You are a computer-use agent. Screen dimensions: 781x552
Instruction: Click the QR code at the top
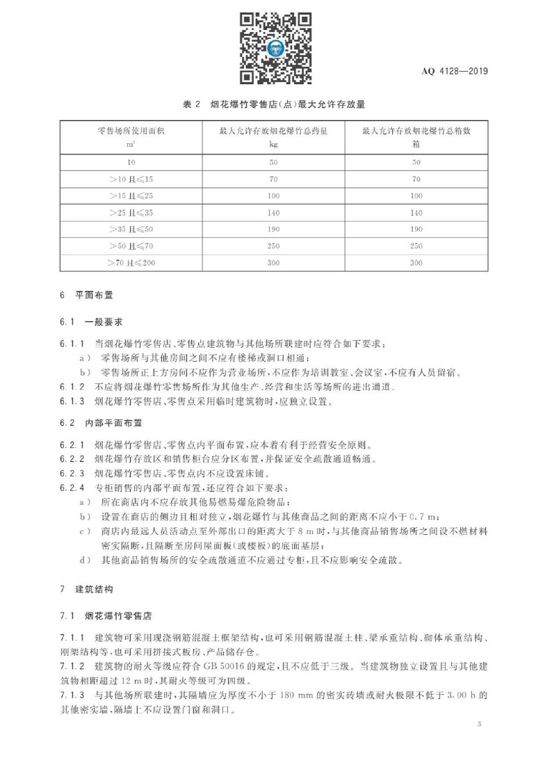pyautogui.click(x=275, y=47)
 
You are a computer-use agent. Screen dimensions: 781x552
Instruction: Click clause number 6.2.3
pyautogui.click(x=72, y=473)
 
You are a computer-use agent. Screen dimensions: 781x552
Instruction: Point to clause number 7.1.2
pyautogui.click(x=72, y=666)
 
